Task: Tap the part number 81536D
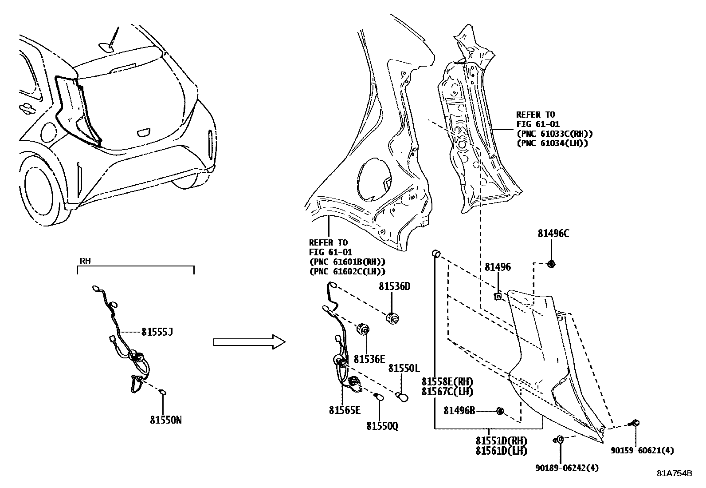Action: click(x=394, y=287)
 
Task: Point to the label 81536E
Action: click(x=369, y=359)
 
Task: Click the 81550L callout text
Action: click(x=404, y=369)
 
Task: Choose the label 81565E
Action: click(x=345, y=410)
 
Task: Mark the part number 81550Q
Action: click(x=382, y=426)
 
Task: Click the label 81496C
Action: click(x=553, y=234)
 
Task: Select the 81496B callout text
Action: click(x=459, y=411)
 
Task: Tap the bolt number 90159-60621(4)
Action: click(x=642, y=451)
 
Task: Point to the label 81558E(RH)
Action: click(x=447, y=382)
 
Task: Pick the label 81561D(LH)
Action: click(x=501, y=451)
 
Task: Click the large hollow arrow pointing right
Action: click(x=248, y=341)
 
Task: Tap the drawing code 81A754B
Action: click(x=675, y=473)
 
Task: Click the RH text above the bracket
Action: click(x=85, y=261)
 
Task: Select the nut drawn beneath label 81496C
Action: click(x=552, y=264)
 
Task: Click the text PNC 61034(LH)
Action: click(x=552, y=143)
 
